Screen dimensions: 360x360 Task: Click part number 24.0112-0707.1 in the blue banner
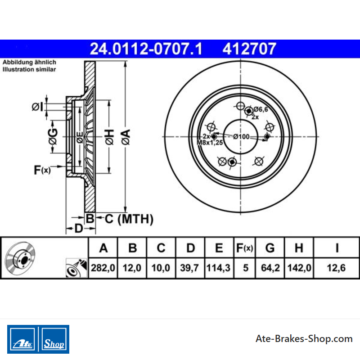point(146,49)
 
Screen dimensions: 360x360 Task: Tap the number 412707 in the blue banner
point(249,49)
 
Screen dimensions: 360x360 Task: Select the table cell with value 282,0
point(103,268)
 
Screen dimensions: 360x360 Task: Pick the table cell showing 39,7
point(189,268)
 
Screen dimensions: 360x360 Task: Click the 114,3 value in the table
point(218,268)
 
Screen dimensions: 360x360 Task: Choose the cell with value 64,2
point(270,268)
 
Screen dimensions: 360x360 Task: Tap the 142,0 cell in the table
point(299,268)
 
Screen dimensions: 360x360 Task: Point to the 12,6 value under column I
point(336,268)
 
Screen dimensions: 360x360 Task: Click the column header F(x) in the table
point(244,248)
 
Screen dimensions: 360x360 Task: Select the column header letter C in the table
point(161,248)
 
